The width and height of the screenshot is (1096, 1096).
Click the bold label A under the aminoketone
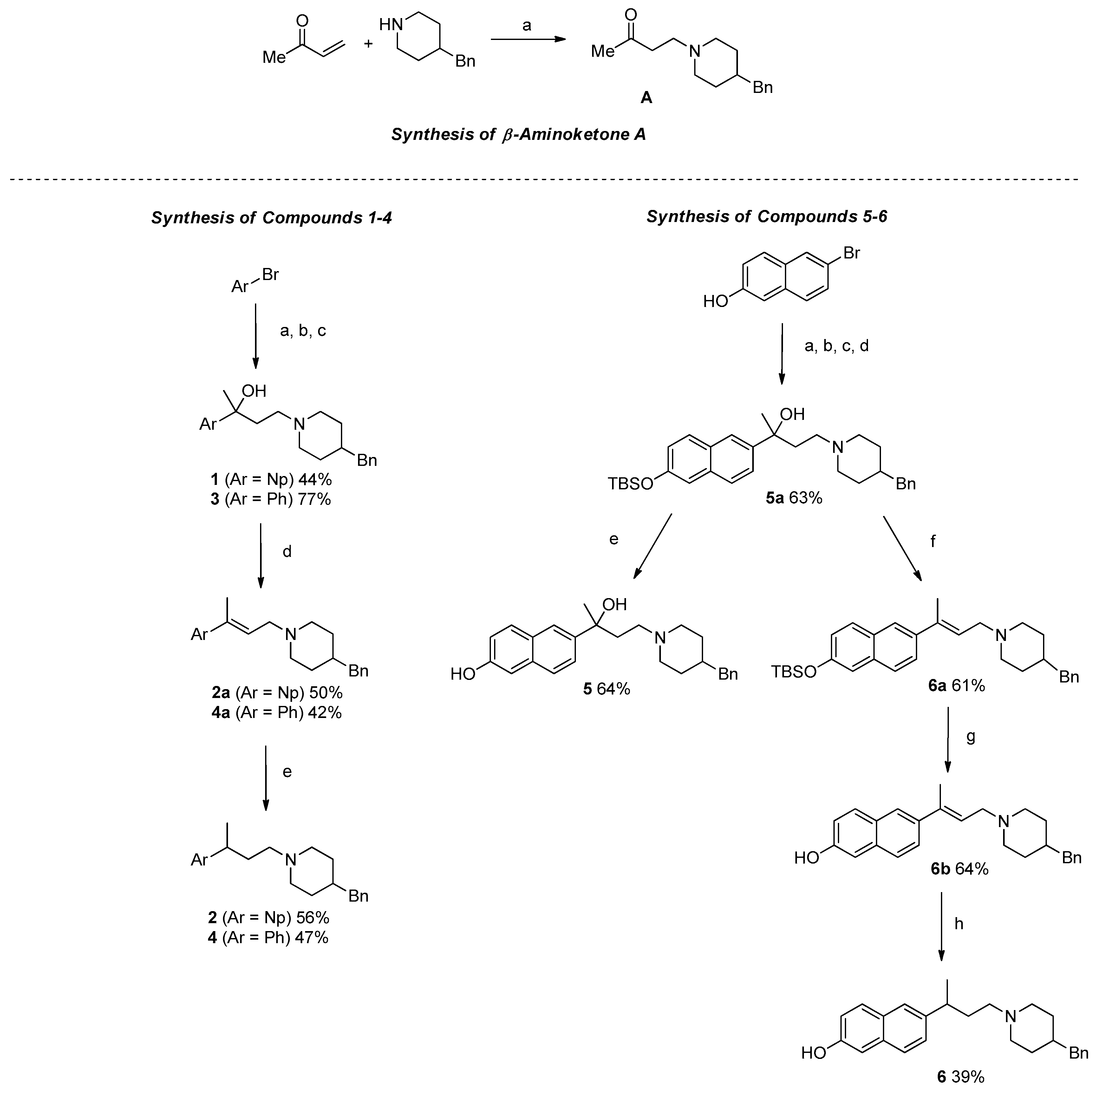(646, 98)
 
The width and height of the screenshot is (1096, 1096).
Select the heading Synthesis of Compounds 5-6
(767, 217)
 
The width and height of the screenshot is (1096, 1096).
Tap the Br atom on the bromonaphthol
(851, 252)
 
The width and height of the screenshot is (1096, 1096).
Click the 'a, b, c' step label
(303, 331)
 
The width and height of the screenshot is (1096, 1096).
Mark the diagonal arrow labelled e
(652, 546)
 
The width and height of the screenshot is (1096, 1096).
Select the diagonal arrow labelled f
(902, 548)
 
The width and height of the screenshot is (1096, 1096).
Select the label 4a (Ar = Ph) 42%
(276, 713)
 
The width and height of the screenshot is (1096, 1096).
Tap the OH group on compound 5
(614, 605)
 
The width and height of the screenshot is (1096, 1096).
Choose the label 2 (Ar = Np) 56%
(268, 917)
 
